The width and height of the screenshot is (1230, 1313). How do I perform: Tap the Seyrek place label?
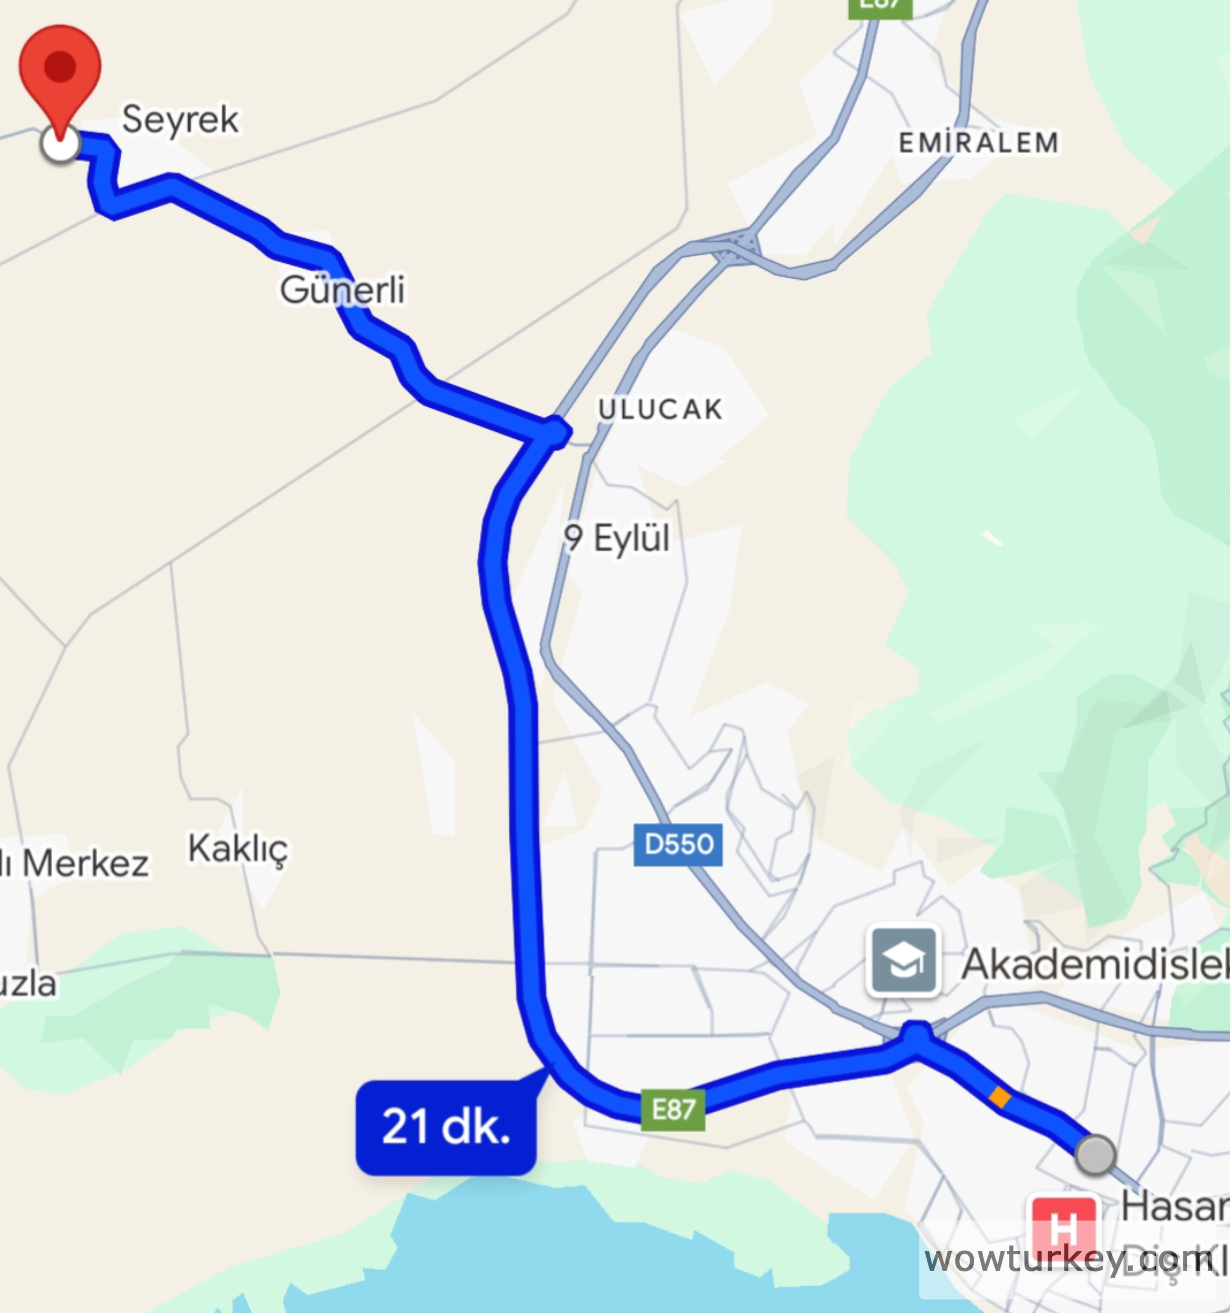coord(180,120)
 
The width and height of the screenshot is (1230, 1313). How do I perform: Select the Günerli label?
coord(342,290)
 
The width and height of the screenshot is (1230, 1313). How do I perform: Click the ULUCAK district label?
coord(660,409)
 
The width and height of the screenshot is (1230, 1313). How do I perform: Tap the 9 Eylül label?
coord(616,538)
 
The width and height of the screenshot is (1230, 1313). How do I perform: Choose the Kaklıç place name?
coord(238,849)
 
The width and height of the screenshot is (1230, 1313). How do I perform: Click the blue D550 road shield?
coord(678,844)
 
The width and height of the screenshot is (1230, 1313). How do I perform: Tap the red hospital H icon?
coord(1064,1227)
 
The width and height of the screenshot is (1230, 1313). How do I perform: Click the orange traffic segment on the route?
coord(999,1098)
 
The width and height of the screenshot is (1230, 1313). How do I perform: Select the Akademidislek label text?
coord(1094,964)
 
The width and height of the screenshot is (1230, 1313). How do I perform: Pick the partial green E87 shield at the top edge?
coord(880,6)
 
